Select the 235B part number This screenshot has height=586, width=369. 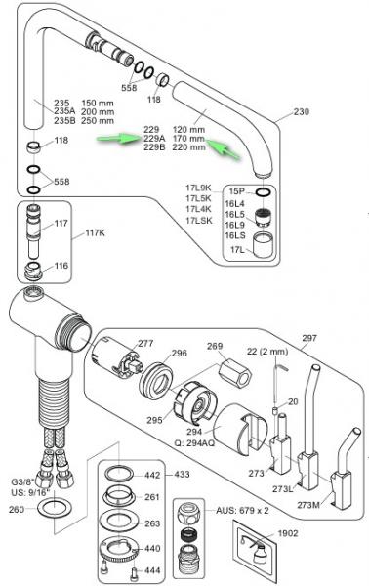[66, 120]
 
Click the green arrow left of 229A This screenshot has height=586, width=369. [116, 140]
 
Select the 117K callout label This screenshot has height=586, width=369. [94, 232]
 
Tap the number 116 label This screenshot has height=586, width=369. [61, 266]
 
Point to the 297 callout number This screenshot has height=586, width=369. [309, 339]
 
